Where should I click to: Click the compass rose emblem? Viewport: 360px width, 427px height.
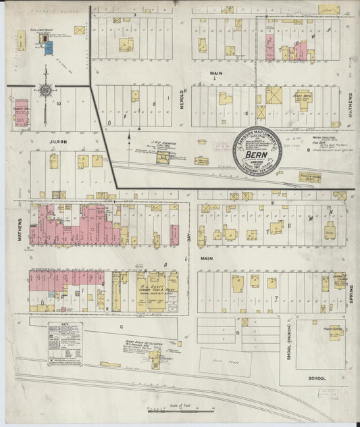coord(45,90)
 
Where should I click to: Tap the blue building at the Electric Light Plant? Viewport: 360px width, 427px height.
coord(47,48)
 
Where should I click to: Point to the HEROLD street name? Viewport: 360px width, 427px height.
coord(181,97)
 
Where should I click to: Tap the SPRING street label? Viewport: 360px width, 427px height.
coord(351,293)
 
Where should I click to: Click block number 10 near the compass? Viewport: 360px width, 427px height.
coord(59,103)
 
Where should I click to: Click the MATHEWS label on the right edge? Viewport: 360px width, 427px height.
coord(351,105)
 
